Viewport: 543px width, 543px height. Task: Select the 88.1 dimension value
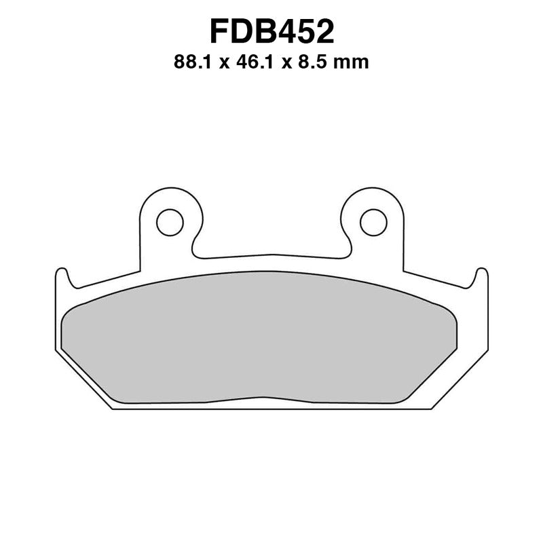tap(191, 63)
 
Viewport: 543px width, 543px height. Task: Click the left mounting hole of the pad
tap(170, 221)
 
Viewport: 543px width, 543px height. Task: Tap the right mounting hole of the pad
tap(373, 221)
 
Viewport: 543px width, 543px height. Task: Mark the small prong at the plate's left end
tap(62, 277)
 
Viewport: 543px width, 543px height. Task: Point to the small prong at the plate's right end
tap(481, 277)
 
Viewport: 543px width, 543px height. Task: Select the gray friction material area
tap(271, 339)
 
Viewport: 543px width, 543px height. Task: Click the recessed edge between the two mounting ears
tap(271, 257)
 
